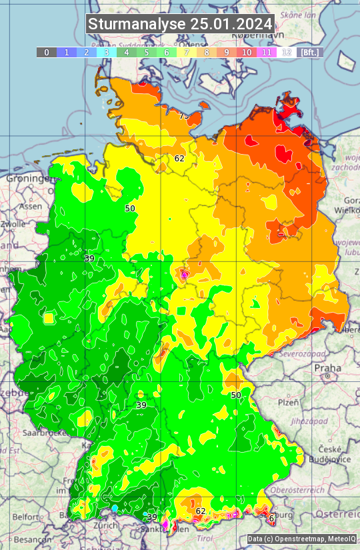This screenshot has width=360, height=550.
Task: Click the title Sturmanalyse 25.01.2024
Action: click(x=180, y=24)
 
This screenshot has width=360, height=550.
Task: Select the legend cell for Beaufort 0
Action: click(x=46, y=52)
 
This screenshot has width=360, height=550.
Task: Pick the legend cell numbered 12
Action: click(x=287, y=52)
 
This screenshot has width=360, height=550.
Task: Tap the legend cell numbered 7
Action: click(x=187, y=52)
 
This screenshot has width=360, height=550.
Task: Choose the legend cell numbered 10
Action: click(x=247, y=52)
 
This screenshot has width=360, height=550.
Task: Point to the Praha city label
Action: click(x=327, y=367)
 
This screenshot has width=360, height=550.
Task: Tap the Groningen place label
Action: click(x=27, y=179)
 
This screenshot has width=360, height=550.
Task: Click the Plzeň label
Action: click(x=287, y=403)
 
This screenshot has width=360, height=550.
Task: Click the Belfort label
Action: click(x=27, y=517)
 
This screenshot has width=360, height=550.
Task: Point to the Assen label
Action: click(x=30, y=207)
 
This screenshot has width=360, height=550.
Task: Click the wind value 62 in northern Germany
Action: click(x=179, y=159)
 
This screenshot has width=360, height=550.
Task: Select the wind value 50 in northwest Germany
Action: click(x=130, y=209)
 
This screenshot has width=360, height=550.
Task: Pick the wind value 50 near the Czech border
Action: click(x=236, y=395)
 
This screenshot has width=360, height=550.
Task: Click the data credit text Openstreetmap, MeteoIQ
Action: click(x=301, y=539)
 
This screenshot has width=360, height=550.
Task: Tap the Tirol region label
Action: click(x=205, y=537)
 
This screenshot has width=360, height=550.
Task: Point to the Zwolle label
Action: click(x=13, y=225)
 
